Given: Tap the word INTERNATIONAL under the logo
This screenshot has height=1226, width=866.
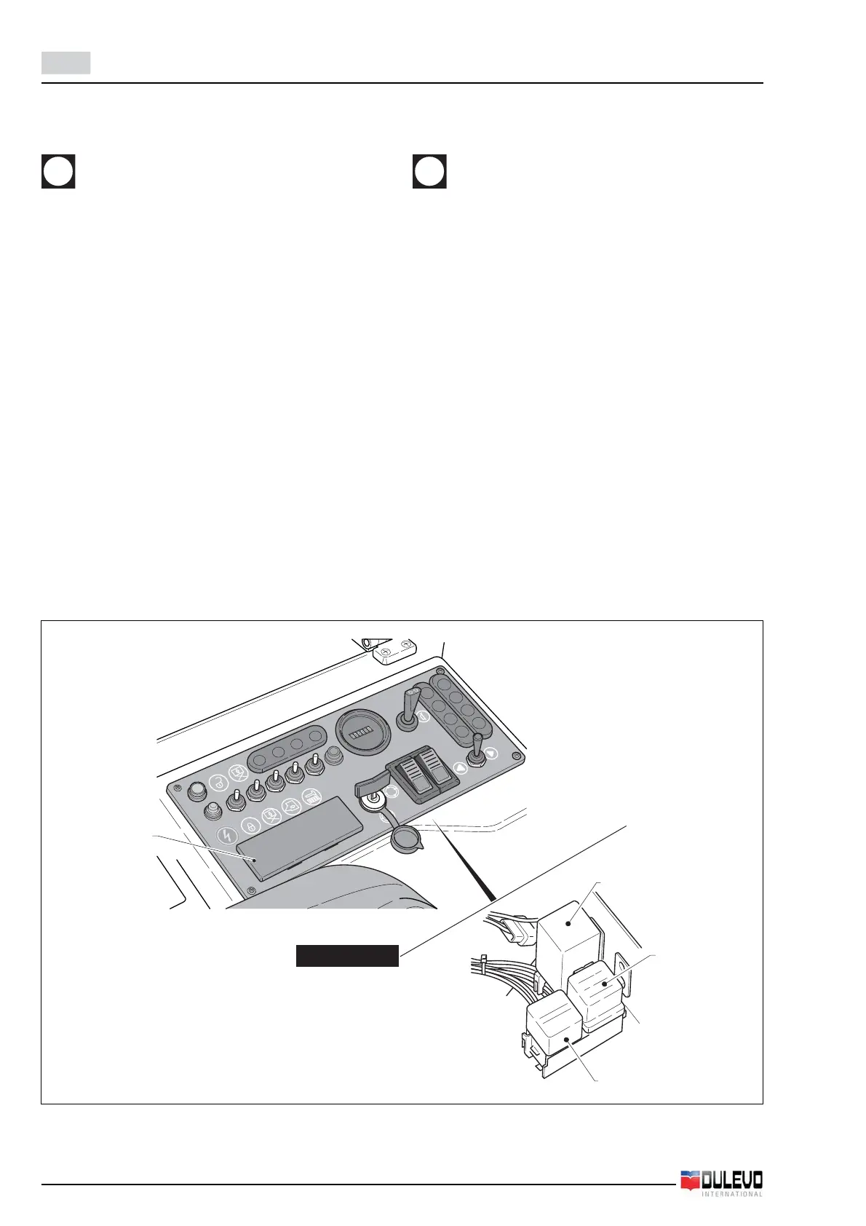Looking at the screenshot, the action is (x=732, y=1194).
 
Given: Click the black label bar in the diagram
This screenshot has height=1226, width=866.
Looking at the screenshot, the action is (x=347, y=955).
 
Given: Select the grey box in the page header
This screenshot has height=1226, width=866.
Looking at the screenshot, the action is (x=65, y=63).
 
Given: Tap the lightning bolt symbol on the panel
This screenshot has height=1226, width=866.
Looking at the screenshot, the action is (x=226, y=835).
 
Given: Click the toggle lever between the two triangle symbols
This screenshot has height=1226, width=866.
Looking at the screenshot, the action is (x=477, y=750).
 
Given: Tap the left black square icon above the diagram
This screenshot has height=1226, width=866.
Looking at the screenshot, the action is (x=58, y=172).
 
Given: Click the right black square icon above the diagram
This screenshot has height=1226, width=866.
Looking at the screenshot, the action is (x=429, y=172).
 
